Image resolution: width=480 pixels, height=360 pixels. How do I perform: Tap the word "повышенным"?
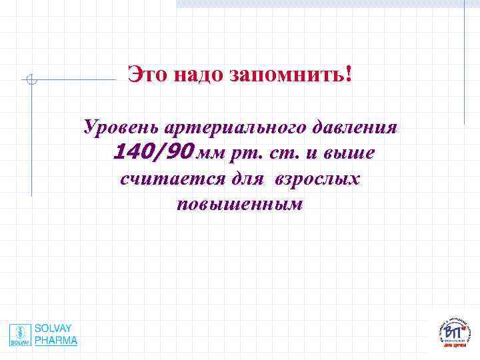240,205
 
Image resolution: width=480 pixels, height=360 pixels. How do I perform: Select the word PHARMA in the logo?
56,340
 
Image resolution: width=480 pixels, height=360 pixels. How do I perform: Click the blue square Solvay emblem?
20,335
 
